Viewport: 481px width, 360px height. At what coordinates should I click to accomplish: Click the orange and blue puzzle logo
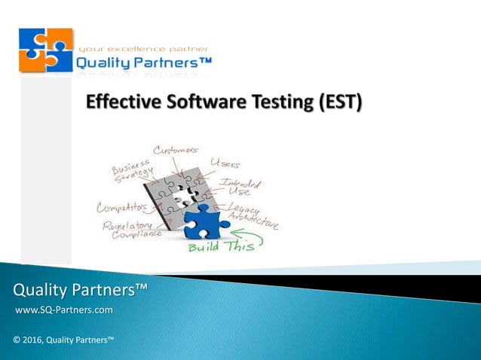tap(46, 50)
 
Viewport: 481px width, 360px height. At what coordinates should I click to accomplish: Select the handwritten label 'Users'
tap(225, 162)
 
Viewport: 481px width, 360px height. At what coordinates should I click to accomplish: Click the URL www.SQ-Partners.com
tap(64, 310)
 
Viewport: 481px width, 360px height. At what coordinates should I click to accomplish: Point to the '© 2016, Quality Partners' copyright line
tap(63, 340)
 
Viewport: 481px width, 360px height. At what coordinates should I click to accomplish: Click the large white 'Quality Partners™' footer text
tap(80, 290)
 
